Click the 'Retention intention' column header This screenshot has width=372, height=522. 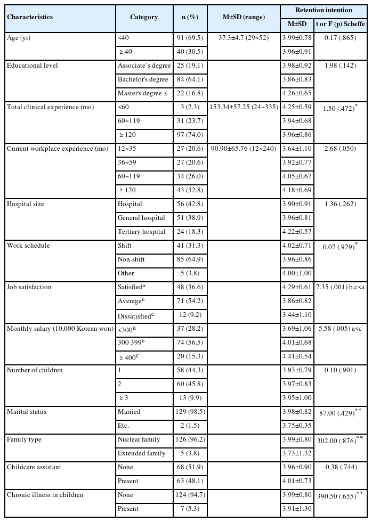(x=325, y=10)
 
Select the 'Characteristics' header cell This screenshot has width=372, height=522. (x=30, y=17)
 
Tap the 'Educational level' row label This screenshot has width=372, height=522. (x=32, y=66)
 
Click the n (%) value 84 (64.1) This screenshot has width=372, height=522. (x=187, y=79)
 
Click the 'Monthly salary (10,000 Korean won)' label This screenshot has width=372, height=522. (x=60, y=329)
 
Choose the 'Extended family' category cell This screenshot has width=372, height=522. (x=141, y=453)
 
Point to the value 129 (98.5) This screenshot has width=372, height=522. (x=187, y=412)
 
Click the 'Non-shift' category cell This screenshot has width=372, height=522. (x=131, y=259)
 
